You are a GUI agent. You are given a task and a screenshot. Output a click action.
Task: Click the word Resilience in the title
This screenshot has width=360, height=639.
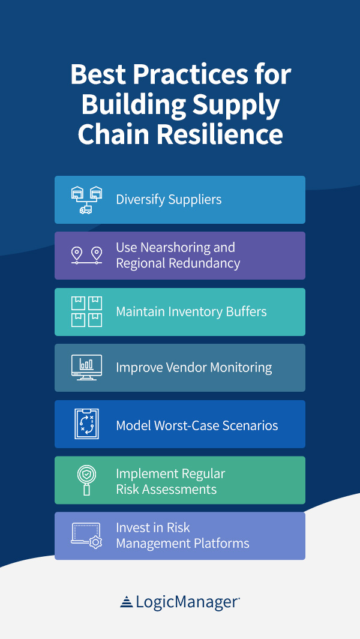[x=220, y=135]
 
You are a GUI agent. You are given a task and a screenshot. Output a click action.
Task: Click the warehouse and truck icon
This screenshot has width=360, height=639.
[x=86, y=200]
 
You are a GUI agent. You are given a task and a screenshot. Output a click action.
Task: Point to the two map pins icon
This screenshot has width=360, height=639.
[x=86, y=256]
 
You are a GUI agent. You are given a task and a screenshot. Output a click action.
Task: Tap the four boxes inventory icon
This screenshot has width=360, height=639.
[x=86, y=312]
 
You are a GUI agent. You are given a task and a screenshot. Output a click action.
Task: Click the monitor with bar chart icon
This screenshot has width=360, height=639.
[x=86, y=367]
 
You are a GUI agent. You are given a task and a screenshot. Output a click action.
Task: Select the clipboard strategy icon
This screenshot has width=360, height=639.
[x=86, y=424]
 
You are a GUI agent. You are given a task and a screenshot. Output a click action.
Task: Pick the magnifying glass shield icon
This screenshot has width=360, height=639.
[x=86, y=480]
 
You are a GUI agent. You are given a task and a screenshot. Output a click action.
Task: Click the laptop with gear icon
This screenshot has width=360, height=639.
[x=86, y=536]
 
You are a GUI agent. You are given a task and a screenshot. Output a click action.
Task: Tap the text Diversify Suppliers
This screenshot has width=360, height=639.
[x=169, y=200]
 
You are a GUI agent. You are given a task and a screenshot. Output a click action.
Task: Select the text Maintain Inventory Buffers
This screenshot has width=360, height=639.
[x=191, y=312]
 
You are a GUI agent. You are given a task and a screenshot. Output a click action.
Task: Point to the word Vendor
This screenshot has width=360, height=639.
[x=187, y=368]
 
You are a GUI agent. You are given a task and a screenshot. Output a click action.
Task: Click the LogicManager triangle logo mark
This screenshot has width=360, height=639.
[x=127, y=602]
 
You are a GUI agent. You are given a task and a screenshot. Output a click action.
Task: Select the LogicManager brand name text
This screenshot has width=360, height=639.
[x=187, y=602]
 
